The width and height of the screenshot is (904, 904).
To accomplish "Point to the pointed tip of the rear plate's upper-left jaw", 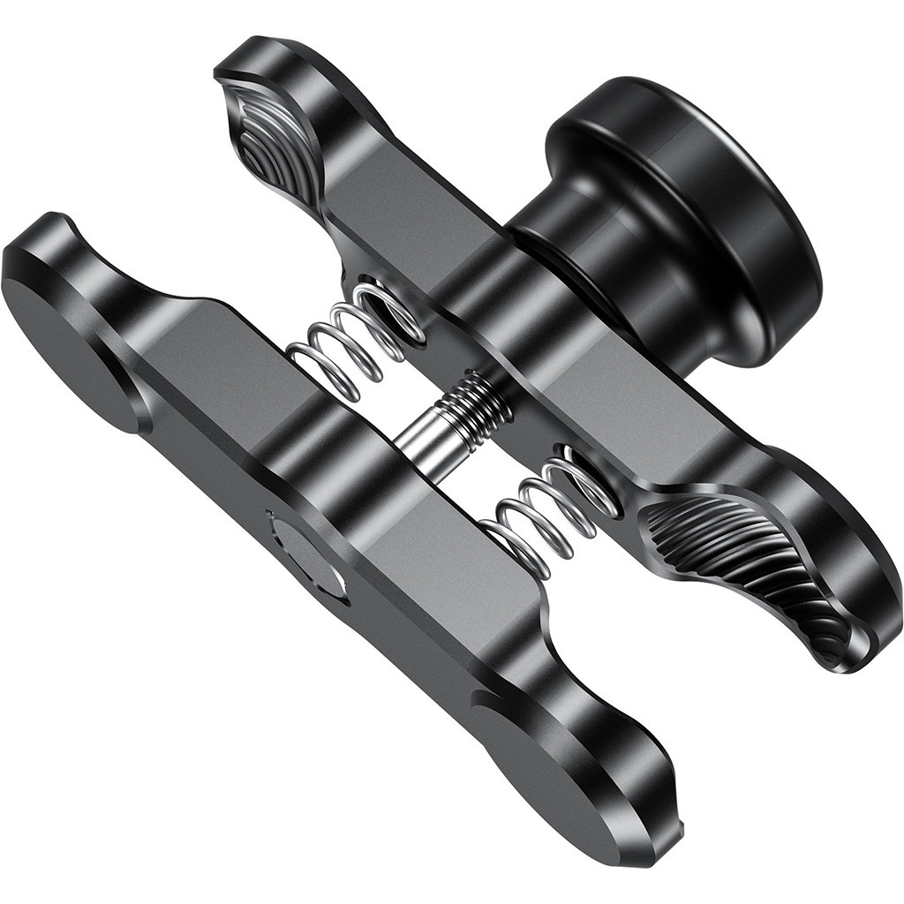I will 221,75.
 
